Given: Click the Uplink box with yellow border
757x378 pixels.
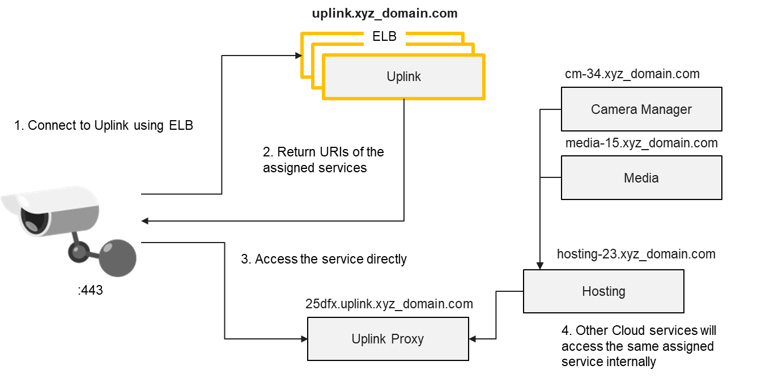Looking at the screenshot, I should pos(403,77).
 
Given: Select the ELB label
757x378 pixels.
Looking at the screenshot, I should pos(384,37).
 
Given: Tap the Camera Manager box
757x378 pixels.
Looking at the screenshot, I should pos(641,109).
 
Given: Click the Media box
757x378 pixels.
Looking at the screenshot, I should pos(641,178).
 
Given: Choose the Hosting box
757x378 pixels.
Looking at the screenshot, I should pos(603,291).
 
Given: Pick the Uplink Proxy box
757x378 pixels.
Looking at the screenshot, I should pos(388,339).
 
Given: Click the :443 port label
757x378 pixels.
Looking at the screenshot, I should pos(90,291).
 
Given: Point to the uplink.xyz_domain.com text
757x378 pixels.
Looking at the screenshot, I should pos(384,13).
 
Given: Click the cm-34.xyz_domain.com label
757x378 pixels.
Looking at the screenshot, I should pos(632,74).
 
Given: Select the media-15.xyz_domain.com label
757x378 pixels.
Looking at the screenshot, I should pos(641,143).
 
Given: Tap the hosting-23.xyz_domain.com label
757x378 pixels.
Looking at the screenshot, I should pos(636,254).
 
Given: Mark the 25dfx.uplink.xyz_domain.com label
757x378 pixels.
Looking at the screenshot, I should pos(389,304).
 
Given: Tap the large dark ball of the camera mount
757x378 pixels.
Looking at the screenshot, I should pos(117,258).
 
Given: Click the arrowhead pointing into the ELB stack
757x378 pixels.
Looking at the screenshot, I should pos(298,56).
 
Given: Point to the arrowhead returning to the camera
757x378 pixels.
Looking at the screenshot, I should pos(145,221).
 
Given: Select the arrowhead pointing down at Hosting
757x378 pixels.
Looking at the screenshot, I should pos(540,265).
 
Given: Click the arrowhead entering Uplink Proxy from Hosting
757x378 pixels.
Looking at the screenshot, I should pos(473,339).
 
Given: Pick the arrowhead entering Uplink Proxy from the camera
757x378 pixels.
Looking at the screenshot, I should pos(304,339).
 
